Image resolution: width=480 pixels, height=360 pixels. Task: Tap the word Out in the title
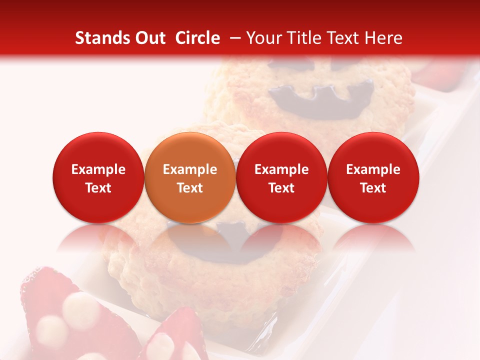(149, 38)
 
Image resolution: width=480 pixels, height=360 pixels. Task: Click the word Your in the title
(263, 38)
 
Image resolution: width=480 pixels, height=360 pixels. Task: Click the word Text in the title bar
(341, 38)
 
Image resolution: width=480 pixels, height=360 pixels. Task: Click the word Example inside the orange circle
(190, 169)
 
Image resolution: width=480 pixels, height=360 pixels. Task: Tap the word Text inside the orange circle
(190, 188)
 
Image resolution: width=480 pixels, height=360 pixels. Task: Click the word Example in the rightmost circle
(373, 169)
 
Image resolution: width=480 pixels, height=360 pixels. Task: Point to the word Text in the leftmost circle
(98, 188)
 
